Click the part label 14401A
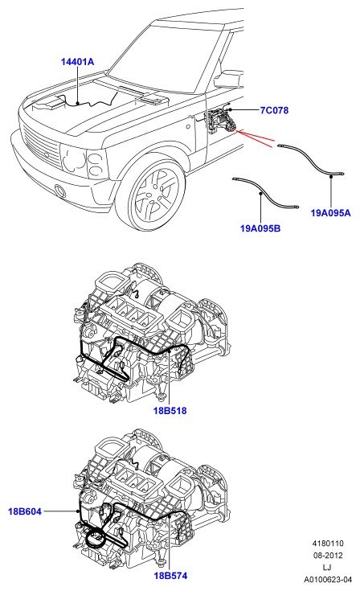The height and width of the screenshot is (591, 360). click(78, 62)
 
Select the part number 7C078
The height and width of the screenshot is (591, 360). click(274, 110)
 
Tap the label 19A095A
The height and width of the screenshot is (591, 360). click(330, 213)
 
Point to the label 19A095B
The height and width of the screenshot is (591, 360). click(260, 228)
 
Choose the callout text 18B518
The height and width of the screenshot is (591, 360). click(170, 410)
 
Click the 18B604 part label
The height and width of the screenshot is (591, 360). click(25, 511)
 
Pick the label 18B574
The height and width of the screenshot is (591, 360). click(170, 576)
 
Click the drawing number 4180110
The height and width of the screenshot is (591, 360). click(328, 544)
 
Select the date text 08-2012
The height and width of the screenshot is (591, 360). click(328, 555)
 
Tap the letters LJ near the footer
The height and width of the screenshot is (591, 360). click(327, 567)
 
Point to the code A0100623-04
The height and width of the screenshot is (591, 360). click(328, 579)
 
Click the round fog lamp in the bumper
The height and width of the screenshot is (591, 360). click(59, 191)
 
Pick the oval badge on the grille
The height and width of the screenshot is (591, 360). click(46, 155)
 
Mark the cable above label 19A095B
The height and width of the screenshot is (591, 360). click(264, 192)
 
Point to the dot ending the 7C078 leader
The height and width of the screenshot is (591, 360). click(230, 109)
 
